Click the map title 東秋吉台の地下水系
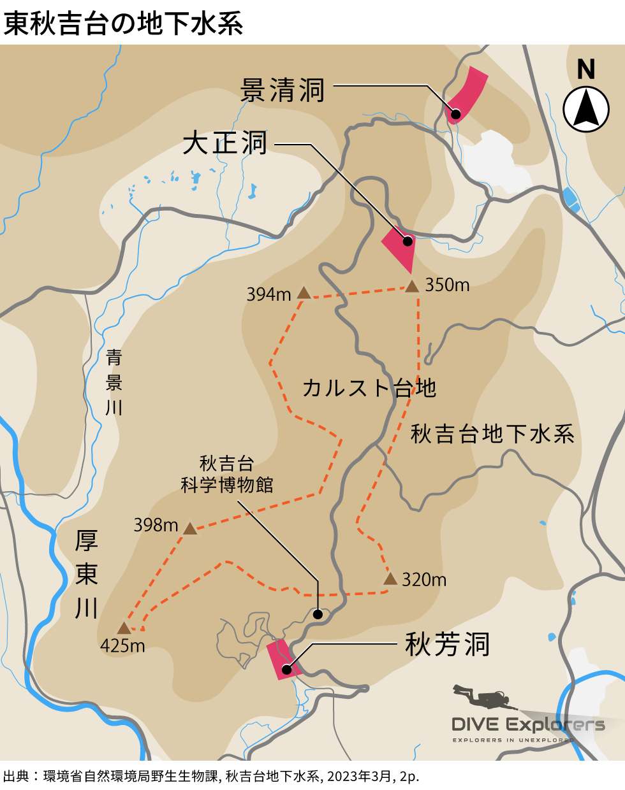[124, 24]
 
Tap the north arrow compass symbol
[586, 109]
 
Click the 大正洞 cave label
[225, 143]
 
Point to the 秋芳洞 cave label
[448, 645]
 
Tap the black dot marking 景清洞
[455, 113]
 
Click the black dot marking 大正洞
[406, 241]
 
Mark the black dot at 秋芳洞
[287, 669]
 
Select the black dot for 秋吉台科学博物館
[318, 614]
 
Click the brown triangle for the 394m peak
[304, 294]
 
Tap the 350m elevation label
[447, 285]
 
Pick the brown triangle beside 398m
[190, 529]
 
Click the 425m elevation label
[122, 646]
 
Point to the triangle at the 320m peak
[390, 578]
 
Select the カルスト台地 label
[369, 387]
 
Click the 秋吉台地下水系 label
[492, 434]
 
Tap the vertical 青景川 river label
[114, 382]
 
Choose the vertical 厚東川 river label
[87, 574]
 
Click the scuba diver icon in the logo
[483, 697]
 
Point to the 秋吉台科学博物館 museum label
[226, 474]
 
